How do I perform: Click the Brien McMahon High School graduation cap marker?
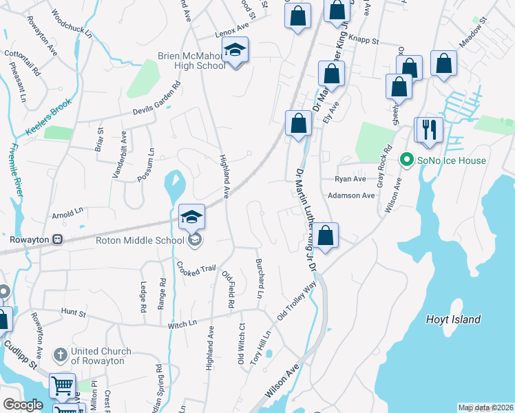(235, 51)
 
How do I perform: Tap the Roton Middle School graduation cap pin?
(191, 218)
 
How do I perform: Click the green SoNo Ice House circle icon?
(406, 160)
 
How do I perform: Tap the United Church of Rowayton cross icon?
(61, 356)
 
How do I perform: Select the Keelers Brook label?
(49, 115)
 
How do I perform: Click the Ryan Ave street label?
(350, 179)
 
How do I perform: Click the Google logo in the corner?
(23, 405)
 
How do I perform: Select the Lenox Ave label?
(231, 28)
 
